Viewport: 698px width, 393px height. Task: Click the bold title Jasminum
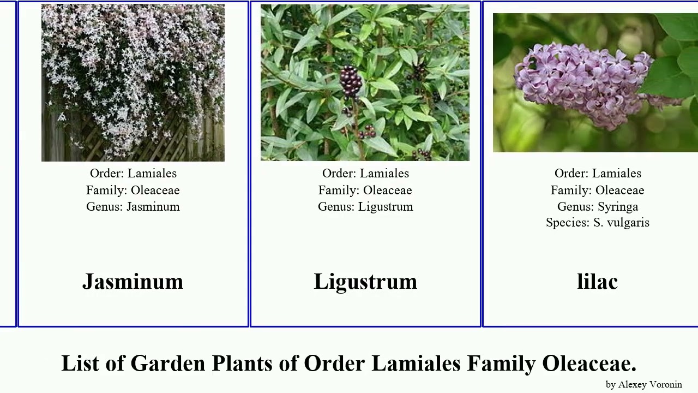pos(133,282)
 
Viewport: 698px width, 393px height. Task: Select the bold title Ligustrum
pos(365,282)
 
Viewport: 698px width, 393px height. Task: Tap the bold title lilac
pos(597,282)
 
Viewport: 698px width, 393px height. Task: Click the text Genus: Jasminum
pos(133,206)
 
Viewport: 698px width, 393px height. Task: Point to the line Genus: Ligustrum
pos(365,206)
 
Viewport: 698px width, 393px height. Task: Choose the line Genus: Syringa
pos(598,206)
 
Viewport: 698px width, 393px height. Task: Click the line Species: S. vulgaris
pos(598,222)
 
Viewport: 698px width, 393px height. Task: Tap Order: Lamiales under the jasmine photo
pos(133,173)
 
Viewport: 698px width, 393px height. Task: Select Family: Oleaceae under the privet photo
pos(365,190)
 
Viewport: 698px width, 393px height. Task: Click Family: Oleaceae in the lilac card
pos(598,190)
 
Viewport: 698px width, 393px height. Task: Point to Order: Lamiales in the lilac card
pos(598,173)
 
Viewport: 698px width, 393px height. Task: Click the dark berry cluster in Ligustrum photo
pos(351,81)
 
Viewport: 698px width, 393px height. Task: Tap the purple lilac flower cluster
pos(583,82)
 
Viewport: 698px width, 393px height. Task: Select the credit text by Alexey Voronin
pos(643,384)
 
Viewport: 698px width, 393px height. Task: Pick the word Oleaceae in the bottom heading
pos(589,363)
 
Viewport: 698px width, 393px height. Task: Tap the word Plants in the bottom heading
pos(242,363)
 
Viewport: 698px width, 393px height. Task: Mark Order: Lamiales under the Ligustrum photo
pos(365,173)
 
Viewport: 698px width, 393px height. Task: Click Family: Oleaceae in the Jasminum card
pos(133,190)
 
